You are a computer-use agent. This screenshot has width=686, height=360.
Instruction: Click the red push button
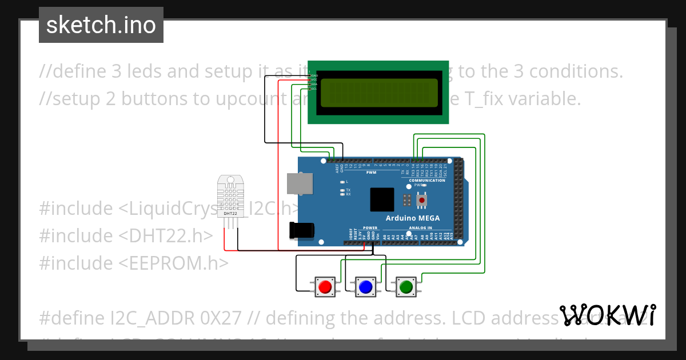(326, 286)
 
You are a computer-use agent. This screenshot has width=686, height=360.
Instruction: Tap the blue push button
(366, 286)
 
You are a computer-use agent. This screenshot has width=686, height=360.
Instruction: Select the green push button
(406, 286)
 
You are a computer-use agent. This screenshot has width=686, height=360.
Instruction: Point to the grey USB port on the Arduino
(300, 183)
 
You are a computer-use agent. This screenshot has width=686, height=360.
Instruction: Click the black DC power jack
(302, 230)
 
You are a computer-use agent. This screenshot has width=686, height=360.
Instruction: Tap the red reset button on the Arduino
(422, 201)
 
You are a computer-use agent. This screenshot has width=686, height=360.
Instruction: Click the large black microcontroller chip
(381, 200)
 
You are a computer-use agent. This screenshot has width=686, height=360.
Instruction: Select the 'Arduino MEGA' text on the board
(409, 218)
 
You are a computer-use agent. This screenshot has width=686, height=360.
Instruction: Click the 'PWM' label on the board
(371, 172)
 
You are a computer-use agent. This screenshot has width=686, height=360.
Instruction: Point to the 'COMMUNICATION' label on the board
(427, 181)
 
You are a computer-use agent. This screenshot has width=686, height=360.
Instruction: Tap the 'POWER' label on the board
(370, 227)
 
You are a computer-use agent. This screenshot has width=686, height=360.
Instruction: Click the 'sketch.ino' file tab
(101, 25)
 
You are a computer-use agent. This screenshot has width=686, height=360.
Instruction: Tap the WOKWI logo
(608, 315)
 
